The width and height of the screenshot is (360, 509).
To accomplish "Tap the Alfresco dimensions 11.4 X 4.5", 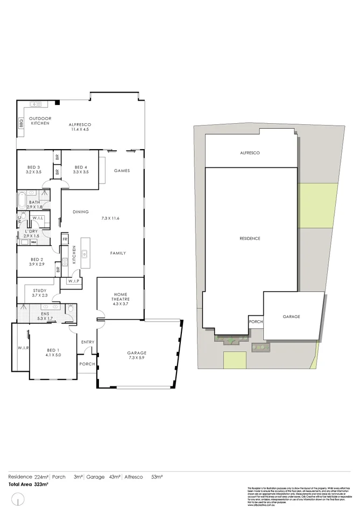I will [79, 130].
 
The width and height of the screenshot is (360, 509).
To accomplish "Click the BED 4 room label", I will [81, 167].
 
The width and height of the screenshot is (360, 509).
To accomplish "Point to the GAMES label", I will [122, 171].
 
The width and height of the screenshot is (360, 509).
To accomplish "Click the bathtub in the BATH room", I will [22, 200].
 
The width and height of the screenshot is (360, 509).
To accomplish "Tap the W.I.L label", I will [38, 218].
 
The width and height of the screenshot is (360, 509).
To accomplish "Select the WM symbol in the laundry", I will [33, 242].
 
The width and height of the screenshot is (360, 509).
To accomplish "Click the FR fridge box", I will [65, 239].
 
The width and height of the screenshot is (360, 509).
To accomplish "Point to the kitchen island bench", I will [85, 253].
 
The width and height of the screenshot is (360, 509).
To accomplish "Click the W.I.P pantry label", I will [73, 281].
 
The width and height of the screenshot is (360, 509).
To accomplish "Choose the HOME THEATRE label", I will [120, 297].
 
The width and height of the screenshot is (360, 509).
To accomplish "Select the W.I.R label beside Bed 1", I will [23, 348].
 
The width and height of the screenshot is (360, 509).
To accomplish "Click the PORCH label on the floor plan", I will [87, 363].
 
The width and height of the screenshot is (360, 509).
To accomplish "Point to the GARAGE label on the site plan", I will [291, 317].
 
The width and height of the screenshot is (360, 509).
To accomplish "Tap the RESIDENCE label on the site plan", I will [250, 238].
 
